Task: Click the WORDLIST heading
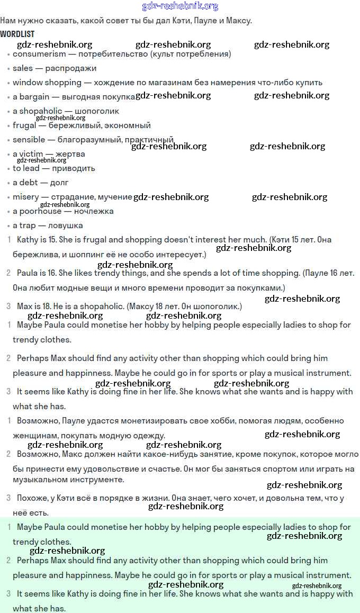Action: pyautogui.click(x=17, y=34)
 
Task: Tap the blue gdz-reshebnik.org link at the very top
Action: pyautogui.click(x=180, y=6)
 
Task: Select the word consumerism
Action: pyautogui.click(x=39, y=53)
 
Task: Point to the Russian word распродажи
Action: pyautogui.click(x=71, y=68)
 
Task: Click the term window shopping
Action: pyautogui.click(x=47, y=83)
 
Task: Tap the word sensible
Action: pyautogui.click(x=29, y=140)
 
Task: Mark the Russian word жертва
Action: pyautogui.click(x=70, y=154)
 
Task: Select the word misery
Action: pyautogui.click(x=26, y=197)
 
